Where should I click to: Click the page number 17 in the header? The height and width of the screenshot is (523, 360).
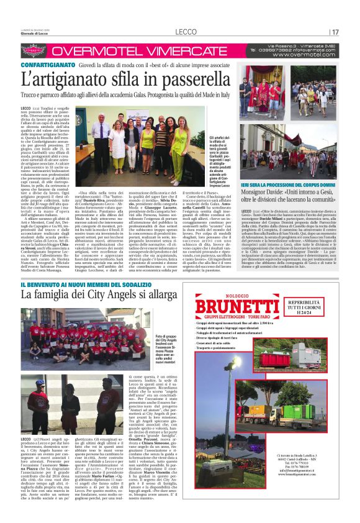coord(335,32)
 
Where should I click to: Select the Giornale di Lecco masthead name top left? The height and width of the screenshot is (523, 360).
coord(35,34)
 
